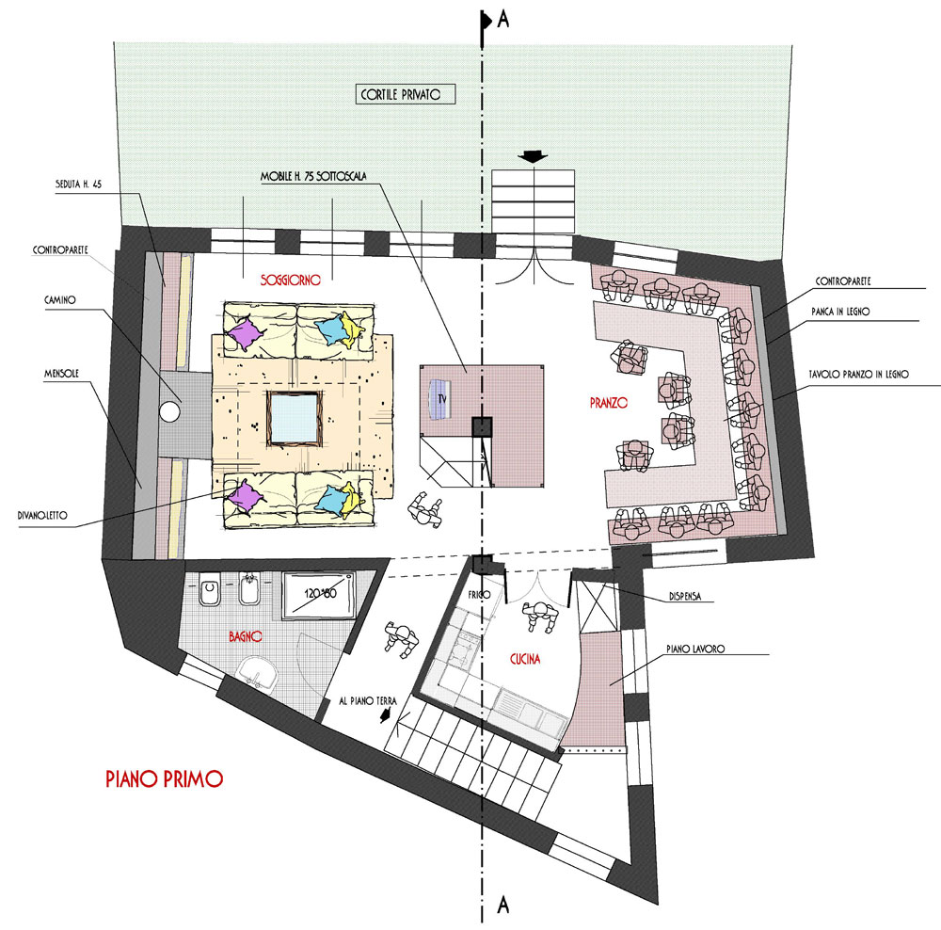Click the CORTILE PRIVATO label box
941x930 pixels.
[x=400, y=94]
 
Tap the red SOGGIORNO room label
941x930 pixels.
[x=291, y=280]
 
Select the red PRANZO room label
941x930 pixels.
[x=609, y=403]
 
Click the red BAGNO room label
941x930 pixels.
[x=246, y=635]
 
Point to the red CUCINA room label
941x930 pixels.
[x=525, y=659]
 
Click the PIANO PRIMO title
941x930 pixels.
[x=165, y=778]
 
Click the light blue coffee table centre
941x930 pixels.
[x=293, y=418]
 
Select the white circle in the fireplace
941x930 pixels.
[x=169, y=412]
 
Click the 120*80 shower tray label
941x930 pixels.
[x=321, y=593]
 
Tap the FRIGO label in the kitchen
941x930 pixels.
[x=480, y=594]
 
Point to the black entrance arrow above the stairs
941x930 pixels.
[x=533, y=156]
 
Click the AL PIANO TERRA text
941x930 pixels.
[x=368, y=700]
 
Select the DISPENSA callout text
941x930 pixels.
[x=685, y=597]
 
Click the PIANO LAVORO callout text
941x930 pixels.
[x=695, y=649]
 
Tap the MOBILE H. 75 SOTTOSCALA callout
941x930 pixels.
[x=313, y=177]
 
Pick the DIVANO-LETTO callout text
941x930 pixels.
[x=42, y=515]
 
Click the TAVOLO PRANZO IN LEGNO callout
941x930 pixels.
[x=859, y=374]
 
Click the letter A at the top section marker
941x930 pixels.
[x=502, y=20]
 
